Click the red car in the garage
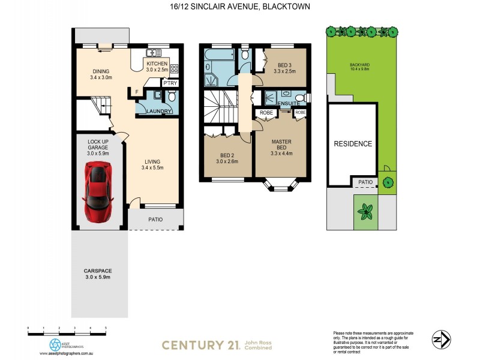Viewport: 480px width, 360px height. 98,191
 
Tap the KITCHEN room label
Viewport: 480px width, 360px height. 157,63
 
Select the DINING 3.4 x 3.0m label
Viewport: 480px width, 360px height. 100,74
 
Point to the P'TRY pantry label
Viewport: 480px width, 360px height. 170,83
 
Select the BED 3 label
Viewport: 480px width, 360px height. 285,68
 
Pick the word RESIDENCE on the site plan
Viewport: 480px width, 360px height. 353,144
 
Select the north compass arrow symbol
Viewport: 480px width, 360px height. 441,340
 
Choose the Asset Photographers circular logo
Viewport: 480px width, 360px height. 55,344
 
